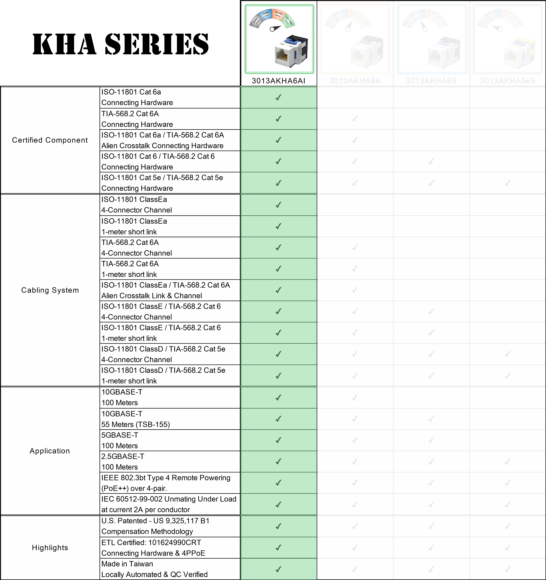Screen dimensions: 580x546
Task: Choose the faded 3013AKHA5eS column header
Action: (508, 81)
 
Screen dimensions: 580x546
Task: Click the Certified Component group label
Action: (50, 140)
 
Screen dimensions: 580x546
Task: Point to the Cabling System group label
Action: (50, 290)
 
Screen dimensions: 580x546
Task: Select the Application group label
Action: (50, 451)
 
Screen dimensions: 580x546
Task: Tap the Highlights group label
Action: (50, 548)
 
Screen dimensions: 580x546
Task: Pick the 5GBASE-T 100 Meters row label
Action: (120, 440)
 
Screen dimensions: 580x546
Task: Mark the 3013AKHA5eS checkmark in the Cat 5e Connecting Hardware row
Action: (508, 183)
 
